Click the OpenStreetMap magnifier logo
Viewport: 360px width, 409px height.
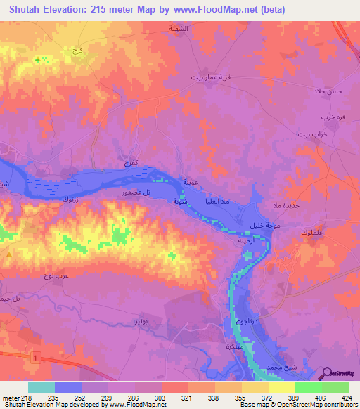click(326, 375)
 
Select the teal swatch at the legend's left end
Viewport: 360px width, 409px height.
click(41, 387)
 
